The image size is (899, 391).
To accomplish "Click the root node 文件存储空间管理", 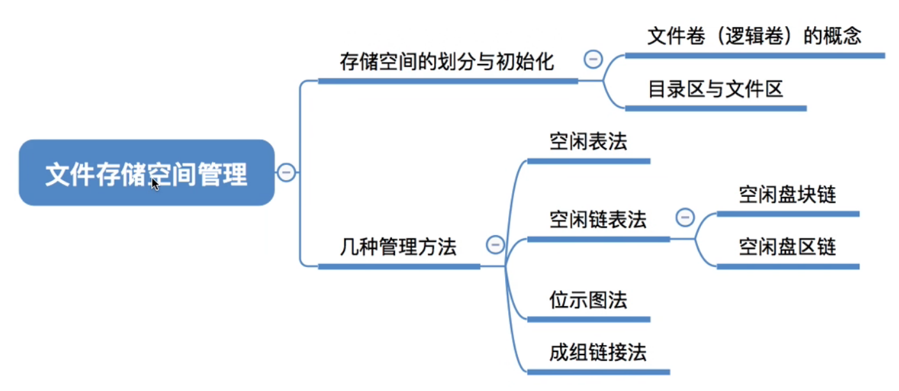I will click(146, 173).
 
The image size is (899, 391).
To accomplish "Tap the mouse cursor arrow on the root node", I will click(155, 184).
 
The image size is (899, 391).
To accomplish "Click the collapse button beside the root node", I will click(286, 172).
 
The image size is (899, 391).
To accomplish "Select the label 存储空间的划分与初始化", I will click(447, 62).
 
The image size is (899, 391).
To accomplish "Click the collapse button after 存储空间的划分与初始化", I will click(593, 60).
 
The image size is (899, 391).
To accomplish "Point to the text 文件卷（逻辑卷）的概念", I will click(754, 36).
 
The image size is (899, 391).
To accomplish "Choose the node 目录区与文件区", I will click(715, 89).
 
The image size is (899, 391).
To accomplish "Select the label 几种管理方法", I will click(398, 247).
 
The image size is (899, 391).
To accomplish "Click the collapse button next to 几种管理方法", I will click(495, 244).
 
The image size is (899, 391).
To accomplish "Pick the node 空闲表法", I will click(588, 142).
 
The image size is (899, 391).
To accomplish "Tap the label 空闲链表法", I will click(598, 220).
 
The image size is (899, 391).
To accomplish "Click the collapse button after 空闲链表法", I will click(684, 218).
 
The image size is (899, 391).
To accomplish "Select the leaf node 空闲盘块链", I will click(787, 195).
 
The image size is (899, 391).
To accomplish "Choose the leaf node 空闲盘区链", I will click(787, 247).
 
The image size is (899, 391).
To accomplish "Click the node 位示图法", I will click(588, 300).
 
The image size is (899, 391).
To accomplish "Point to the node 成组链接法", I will click(598, 352).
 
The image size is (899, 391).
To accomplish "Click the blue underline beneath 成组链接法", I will click(598, 372).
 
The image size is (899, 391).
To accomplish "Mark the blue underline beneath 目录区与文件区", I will click(715, 108).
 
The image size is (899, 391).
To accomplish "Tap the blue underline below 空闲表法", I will click(588, 161).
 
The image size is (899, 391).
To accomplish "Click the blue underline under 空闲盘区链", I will click(788, 266).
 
